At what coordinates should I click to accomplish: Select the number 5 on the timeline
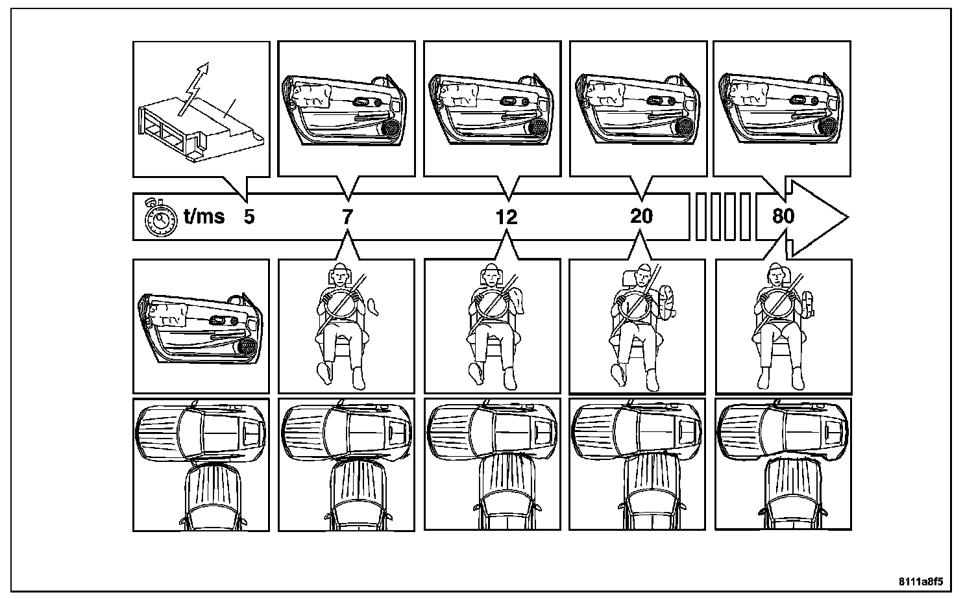pos(249,216)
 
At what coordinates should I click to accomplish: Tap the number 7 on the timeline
pos(348,216)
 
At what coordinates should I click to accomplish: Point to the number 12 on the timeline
pos(506,216)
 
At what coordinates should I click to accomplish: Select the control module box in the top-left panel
pos(195,130)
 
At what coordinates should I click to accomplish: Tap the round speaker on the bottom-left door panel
pos(247,348)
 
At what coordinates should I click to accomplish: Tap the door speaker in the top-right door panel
pos(828,127)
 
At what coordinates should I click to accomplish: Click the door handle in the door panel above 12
pos(509,101)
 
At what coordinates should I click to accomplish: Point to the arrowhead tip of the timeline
pos(847,216)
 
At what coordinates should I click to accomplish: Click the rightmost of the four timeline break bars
pos(745,216)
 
